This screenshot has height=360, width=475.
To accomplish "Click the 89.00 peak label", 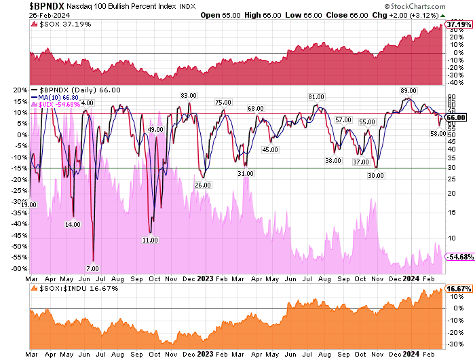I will [x=408, y=90].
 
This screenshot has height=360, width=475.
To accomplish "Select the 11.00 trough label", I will [x=150, y=240].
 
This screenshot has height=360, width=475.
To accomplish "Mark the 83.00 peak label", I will [x=188, y=95].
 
